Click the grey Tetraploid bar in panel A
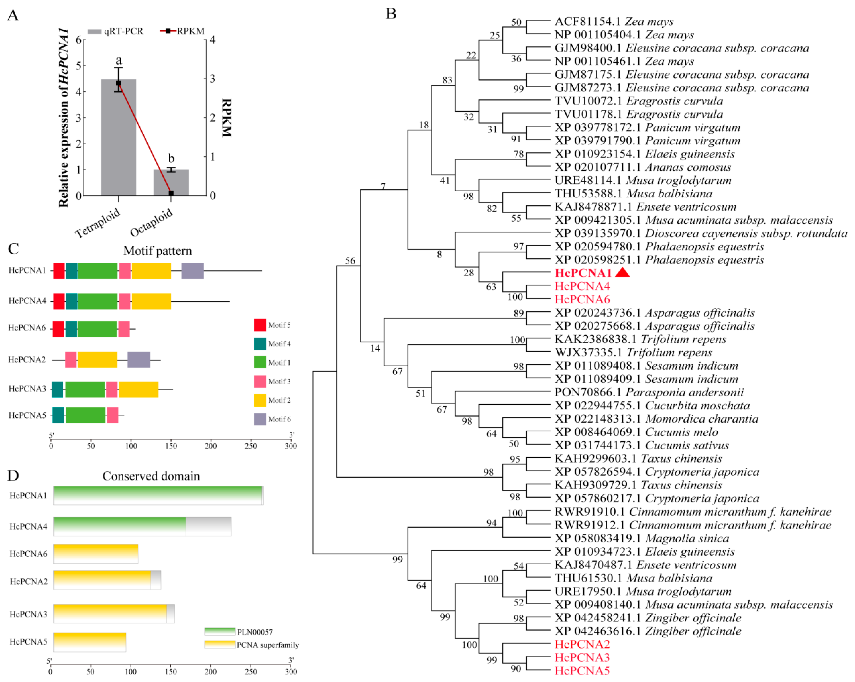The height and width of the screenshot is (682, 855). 118,143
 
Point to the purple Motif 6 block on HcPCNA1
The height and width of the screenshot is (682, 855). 193,271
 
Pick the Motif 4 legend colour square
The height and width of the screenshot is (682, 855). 260,344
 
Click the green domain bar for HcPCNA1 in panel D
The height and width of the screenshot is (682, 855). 157,495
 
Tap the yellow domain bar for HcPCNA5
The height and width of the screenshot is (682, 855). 90,642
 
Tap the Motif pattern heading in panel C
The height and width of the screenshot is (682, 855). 157,251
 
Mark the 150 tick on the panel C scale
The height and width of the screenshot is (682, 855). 171,446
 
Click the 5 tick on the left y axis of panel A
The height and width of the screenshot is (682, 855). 78,65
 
